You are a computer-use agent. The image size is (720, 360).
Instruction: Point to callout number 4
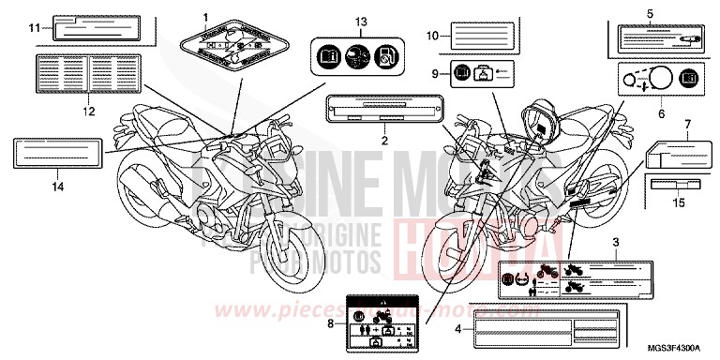click(x=458, y=329)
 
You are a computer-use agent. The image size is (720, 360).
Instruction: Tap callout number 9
click(x=435, y=72)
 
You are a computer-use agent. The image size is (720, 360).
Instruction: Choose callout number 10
click(x=432, y=36)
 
